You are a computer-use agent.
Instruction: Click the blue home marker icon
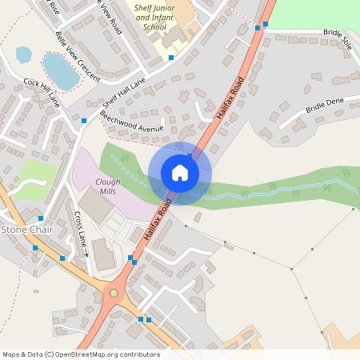click(180, 173)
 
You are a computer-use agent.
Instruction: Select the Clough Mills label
click(108, 186)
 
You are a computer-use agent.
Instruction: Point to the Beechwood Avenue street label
click(132, 122)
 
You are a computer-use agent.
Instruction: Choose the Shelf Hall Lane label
click(124, 92)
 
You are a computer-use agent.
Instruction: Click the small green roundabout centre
click(114, 292)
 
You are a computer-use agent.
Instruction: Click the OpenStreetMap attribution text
click(81, 354)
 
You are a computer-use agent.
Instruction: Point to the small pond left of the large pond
click(24, 54)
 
